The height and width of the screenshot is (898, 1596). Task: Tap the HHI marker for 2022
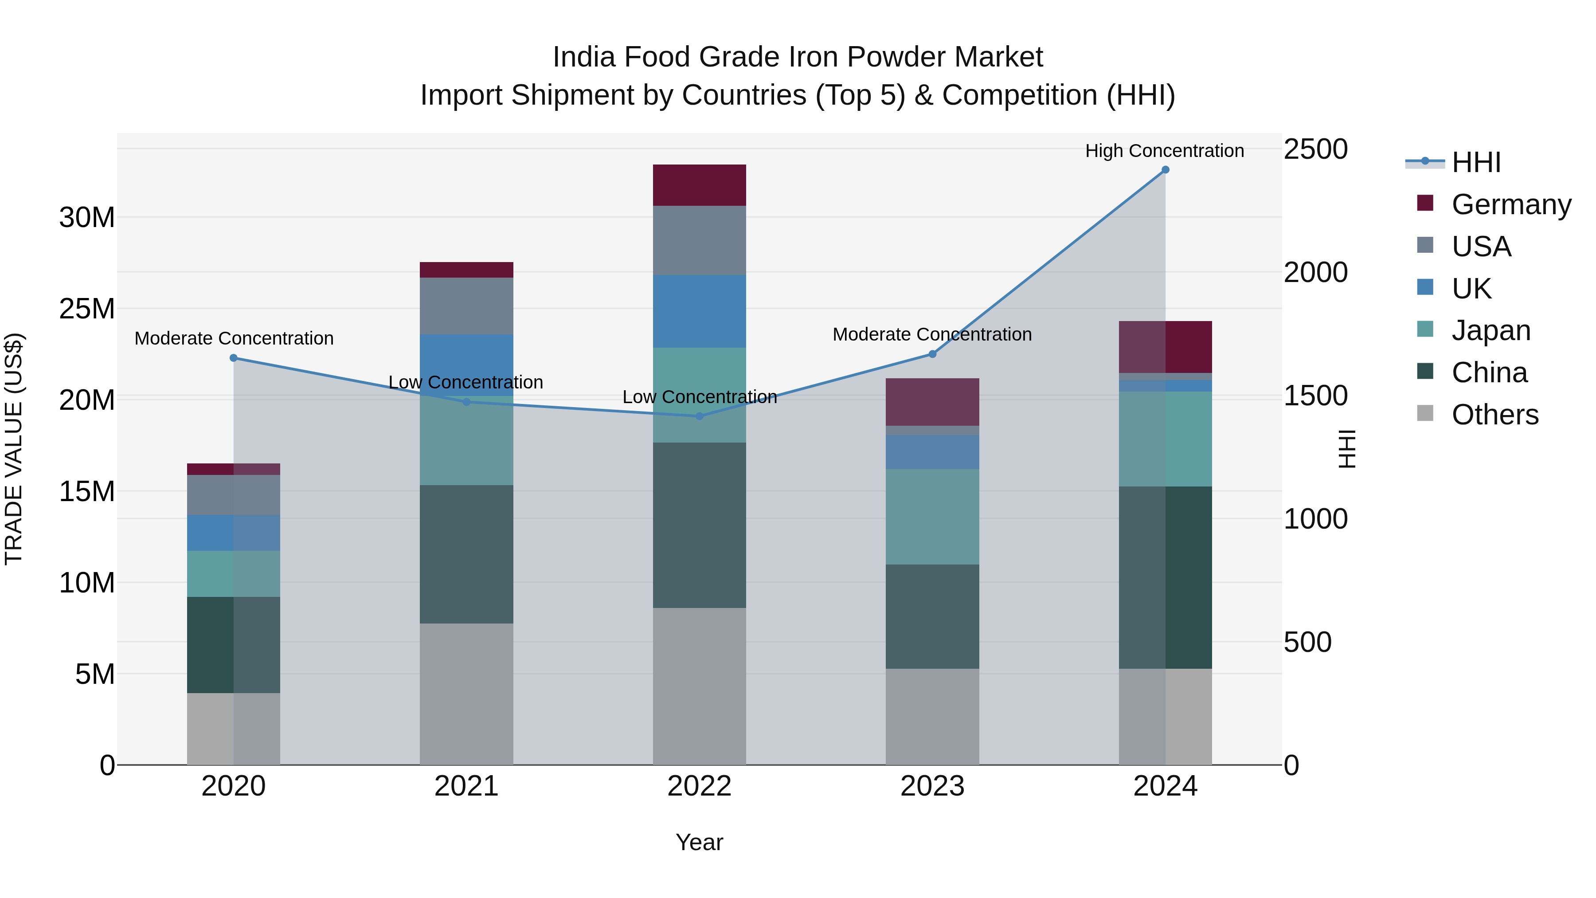pyautogui.click(x=700, y=416)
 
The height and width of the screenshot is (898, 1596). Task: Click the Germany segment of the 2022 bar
pyautogui.click(x=700, y=184)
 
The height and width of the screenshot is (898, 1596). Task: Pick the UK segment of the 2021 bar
pyautogui.click(x=466, y=365)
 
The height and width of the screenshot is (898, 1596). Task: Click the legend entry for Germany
pyautogui.click(x=1510, y=204)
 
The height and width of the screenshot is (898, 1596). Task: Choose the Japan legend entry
pyautogui.click(x=1490, y=330)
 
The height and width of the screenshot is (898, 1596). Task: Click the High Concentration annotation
pyautogui.click(x=1164, y=151)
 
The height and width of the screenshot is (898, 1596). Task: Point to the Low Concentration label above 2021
pyautogui.click(x=465, y=382)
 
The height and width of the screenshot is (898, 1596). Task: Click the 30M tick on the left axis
pyautogui.click(x=87, y=218)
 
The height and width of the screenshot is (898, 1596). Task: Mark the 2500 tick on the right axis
pyautogui.click(x=1315, y=149)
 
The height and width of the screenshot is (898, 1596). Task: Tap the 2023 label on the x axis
pyautogui.click(x=932, y=786)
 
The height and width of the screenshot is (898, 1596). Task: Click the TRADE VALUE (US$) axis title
pyautogui.click(x=14, y=449)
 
